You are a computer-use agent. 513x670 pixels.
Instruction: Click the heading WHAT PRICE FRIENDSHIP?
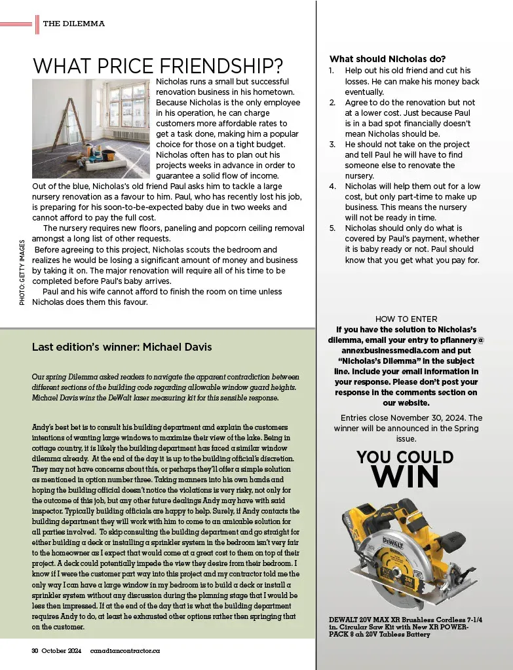[x=158, y=66]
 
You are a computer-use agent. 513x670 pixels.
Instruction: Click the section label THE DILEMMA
[x=73, y=24]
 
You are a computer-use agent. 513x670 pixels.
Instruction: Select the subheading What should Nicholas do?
[x=387, y=59]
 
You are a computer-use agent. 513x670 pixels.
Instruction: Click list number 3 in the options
[x=332, y=144]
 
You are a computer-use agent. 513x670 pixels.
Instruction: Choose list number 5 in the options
[x=332, y=228]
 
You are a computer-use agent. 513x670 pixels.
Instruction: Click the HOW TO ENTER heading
[x=406, y=319]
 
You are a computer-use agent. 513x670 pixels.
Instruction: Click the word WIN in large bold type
[x=405, y=477]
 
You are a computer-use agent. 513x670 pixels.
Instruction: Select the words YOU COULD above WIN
[x=405, y=457]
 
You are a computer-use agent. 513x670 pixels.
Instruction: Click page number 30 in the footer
[x=36, y=651]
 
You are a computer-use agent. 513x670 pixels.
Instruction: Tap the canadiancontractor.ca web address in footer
[x=125, y=651]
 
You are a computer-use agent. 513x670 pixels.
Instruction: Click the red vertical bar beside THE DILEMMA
[x=37, y=24]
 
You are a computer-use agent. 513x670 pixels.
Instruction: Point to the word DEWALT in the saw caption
[x=345, y=620]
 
